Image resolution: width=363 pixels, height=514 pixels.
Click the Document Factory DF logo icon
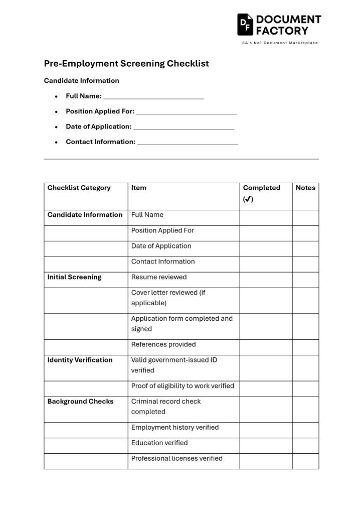pyautogui.click(x=245, y=24)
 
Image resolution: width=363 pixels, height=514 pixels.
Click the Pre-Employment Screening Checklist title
pyautogui.click(x=126, y=64)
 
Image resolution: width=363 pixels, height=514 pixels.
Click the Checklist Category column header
pyautogui.click(x=79, y=188)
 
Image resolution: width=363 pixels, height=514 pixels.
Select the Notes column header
pyautogui.click(x=305, y=188)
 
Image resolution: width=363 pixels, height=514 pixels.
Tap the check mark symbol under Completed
pyautogui.click(x=248, y=199)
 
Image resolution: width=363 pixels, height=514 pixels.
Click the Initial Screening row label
pyautogui.click(x=74, y=277)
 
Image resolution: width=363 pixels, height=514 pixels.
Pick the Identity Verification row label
pyautogui.click(x=80, y=360)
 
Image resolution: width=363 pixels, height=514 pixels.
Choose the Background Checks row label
pyautogui.click(x=80, y=402)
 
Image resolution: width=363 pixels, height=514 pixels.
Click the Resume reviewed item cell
pyautogui.click(x=158, y=277)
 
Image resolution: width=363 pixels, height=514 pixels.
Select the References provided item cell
pyautogui.click(x=163, y=344)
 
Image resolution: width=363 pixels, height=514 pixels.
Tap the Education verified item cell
pyautogui.click(x=159, y=443)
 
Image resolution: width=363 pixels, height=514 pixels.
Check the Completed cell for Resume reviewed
pyautogui.click(x=266, y=280)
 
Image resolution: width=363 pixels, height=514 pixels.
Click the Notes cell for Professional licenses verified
pyautogui.click(x=305, y=461)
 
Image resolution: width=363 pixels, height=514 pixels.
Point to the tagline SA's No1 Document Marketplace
pyautogui.click(x=279, y=43)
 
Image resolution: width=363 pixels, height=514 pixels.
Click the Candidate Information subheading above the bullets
pyautogui.click(x=81, y=80)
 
